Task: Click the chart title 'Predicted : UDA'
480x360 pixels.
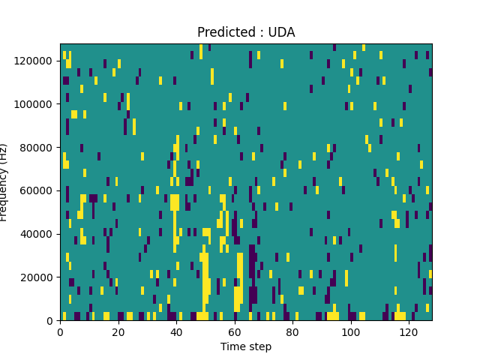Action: coord(246,32)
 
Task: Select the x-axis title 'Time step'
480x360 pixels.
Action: coord(246,346)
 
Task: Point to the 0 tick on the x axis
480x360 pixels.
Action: coord(60,331)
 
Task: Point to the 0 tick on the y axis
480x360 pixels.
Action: coord(50,320)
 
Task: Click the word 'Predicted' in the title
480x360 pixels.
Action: coord(225,32)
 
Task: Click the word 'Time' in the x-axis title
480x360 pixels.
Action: coord(232,346)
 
